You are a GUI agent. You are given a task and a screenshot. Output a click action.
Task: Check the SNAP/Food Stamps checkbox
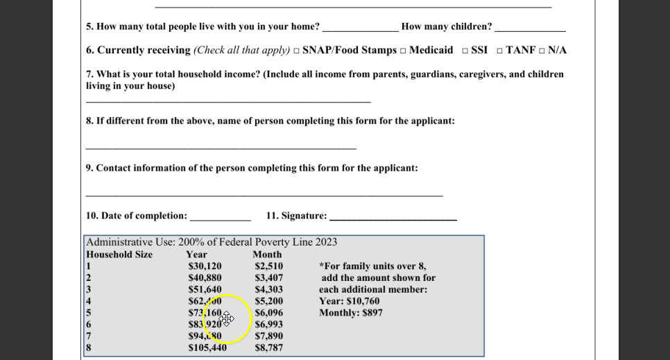[296, 51]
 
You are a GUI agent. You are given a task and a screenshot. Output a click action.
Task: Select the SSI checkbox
[465, 51]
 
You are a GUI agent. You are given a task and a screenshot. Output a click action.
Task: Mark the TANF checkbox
[499, 51]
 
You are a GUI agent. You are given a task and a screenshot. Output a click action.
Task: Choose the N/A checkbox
[542, 51]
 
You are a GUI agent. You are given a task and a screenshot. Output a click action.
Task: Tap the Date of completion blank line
[220, 218]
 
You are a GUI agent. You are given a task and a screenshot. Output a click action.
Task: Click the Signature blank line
[393, 218]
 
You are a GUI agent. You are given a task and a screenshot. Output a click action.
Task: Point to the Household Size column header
[119, 255]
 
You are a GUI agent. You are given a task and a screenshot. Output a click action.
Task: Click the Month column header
[267, 255]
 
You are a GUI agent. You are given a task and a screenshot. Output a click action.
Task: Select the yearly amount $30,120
[205, 266]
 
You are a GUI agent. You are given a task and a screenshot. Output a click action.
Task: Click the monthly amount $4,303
[268, 290]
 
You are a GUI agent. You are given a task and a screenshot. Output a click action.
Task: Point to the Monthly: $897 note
[350, 313]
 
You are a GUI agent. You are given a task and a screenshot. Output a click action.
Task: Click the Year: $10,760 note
[349, 302]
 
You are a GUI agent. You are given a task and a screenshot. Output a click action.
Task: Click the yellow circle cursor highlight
[227, 319]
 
